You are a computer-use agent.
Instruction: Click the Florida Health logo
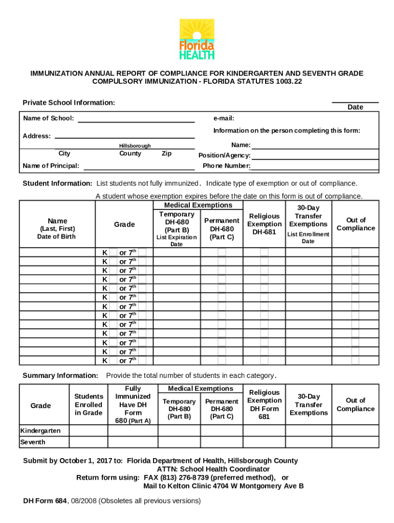point(196,39)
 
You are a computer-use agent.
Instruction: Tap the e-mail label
point(224,118)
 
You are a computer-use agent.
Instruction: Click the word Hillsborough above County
point(135,146)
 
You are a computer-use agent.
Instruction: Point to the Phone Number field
point(315,166)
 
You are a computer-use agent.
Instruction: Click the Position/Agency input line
point(315,155)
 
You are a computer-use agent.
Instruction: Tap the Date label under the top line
point(355,107)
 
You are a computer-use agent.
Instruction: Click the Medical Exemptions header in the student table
point(198,205)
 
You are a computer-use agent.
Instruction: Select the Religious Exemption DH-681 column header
point(264,224)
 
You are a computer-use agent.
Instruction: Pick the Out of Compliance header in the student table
point(356,224)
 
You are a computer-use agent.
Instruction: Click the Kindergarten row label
point(40,431)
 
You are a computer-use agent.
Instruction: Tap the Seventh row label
point(33,442)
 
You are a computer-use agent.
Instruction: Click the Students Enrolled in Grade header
point(89,405)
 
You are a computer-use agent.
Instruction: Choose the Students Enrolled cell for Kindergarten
point(89,431)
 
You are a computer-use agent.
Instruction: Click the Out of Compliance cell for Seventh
point(356,442)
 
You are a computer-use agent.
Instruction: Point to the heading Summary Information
point(60,376)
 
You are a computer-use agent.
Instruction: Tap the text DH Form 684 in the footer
point(45,501)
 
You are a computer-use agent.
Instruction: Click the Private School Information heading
point(69,103)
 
